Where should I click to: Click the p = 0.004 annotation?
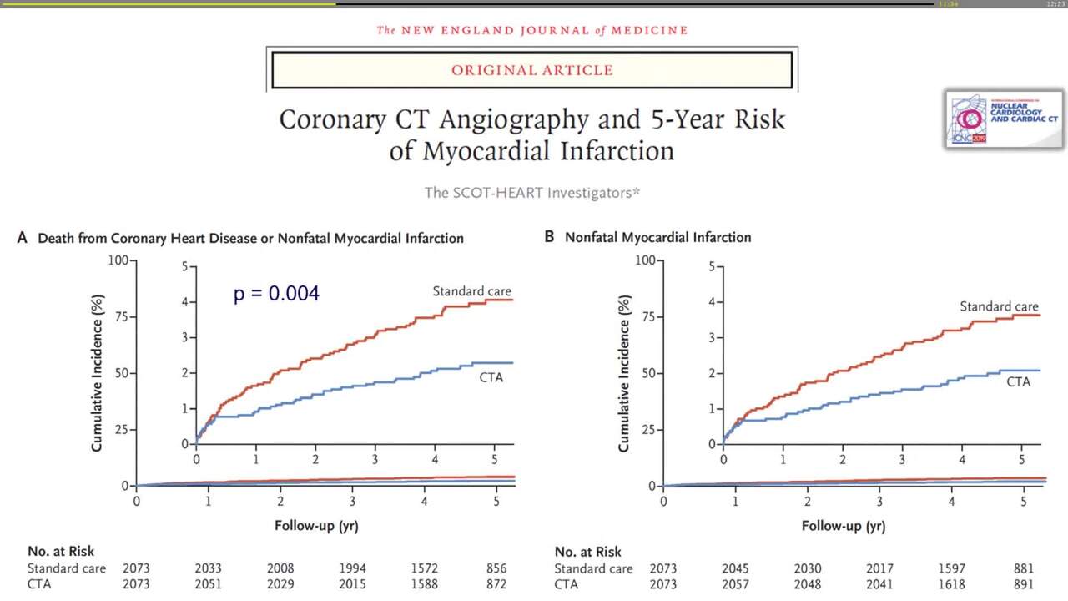(276, 294)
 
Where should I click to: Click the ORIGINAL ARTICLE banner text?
(531, 70)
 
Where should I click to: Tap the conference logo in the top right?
(1004, 119)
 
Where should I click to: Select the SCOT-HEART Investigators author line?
(531, 192)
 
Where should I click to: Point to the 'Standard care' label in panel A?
(471, 291)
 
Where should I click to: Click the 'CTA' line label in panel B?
(1018, 381)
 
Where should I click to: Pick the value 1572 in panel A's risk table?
(424, 568)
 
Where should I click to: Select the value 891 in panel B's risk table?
(1023, 584)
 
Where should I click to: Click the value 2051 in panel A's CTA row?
(209, 584)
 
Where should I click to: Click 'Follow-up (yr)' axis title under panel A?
(316, 526)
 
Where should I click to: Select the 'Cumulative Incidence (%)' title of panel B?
(624, 373)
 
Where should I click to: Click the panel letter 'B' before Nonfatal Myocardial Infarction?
(549, 237)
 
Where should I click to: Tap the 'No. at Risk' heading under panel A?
(61, 551)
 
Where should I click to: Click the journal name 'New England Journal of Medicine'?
(531, 30)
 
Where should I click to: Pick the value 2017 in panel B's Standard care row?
(879, 568)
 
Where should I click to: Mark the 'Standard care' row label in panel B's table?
(593, 568)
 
